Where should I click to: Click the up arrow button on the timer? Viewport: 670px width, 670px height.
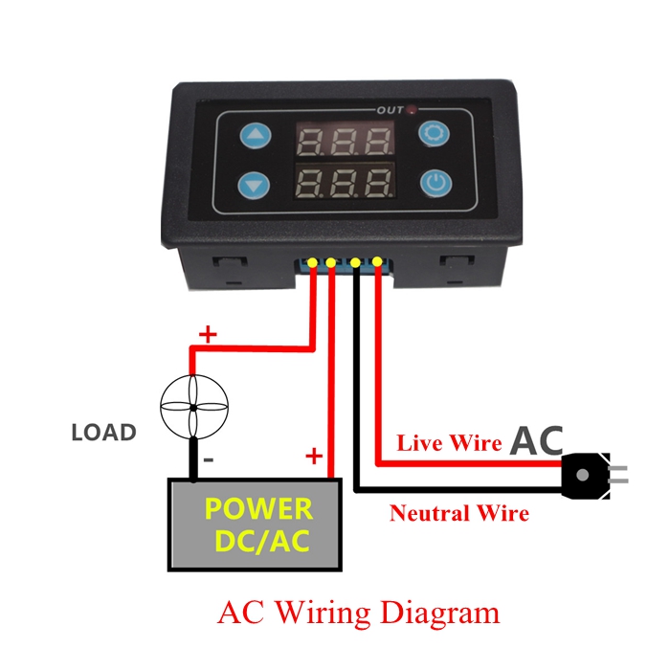(x=255, y=137)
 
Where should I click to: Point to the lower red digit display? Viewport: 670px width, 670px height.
(x=346, y=181)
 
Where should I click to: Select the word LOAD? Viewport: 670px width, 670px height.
(x=103, y=433)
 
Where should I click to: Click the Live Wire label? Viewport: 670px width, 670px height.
(x=449, y=443)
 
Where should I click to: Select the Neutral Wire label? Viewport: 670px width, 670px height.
(x=458, y=513)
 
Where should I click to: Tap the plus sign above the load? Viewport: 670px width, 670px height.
(x=206, y=334)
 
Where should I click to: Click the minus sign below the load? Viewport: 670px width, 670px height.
(x=210, y=460)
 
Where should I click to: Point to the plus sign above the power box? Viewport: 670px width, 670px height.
(x=312, y=457)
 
